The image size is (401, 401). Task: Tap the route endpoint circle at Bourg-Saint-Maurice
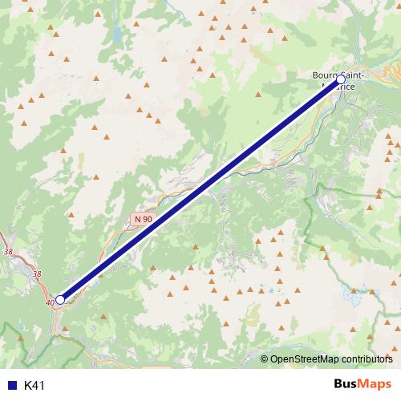point(341,80)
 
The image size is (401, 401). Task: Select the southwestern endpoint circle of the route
point(60,299)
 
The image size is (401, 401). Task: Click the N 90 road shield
point(143,219)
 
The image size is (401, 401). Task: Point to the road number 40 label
point(51,302)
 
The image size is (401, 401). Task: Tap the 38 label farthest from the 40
point(8,251)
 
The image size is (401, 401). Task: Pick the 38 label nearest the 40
point(37,273)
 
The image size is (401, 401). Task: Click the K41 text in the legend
point(34,385)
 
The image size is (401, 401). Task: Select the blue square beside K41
point(11,385)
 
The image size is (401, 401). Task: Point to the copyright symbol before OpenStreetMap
point(265,358)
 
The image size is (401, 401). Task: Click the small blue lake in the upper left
point(118,36)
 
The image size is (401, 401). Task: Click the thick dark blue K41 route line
point(200,190)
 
